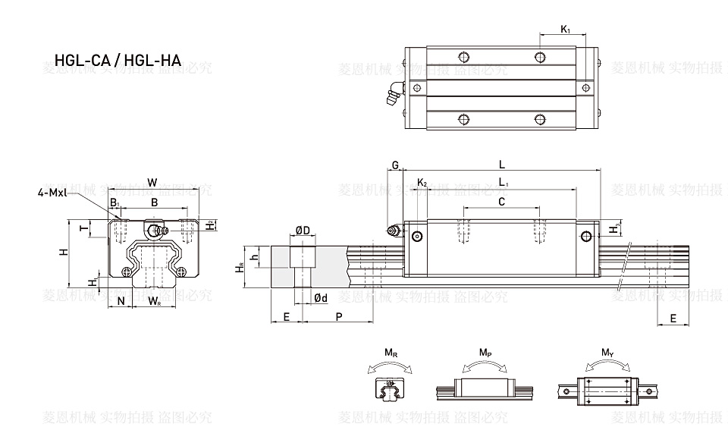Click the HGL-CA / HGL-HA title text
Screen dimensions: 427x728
click(x=118, y=60)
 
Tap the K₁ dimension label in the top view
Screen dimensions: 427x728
click(x=566, y=29)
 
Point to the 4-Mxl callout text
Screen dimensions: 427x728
click(x=54, y=193)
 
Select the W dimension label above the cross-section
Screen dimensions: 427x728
click(x=152, y=182)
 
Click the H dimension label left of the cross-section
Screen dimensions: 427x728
click(x=64, y=251)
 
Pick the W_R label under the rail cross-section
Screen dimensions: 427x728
click(x=153, y=301)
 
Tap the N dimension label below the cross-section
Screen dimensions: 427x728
click(x=121, y=301)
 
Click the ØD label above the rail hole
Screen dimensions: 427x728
click(x=301, y=231)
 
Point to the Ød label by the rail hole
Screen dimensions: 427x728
click(x=321, y=298)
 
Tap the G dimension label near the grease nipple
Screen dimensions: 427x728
click(x=394, y=165)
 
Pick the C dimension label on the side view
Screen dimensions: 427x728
click(x=501, y=201)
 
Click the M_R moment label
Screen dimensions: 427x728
click(x=390, y=353)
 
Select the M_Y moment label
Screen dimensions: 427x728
click(x=607, y=353)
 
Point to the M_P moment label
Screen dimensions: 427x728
click(x=485, y=353)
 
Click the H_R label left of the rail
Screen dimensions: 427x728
click(x=240, y=266)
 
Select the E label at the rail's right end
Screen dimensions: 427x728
click(x=673, y=319)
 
